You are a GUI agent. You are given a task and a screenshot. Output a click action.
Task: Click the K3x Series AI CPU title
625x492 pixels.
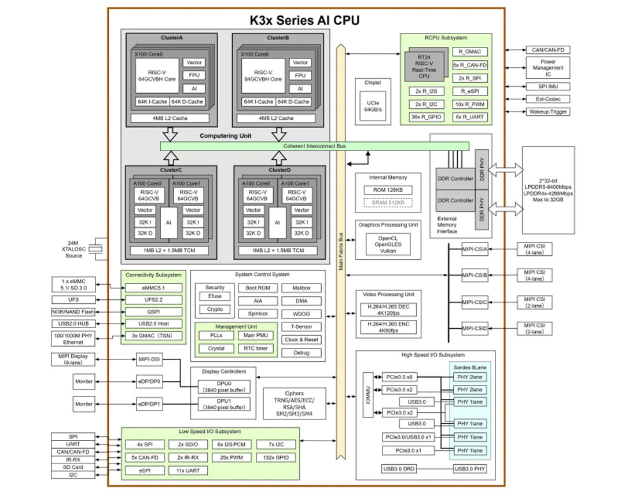pos(304,21)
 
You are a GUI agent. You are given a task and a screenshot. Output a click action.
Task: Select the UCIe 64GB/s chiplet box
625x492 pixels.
pos(373,106)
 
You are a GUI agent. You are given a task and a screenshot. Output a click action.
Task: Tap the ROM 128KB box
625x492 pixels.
pos(388,190)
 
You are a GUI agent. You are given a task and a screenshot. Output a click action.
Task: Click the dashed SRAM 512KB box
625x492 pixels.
pos(388,203)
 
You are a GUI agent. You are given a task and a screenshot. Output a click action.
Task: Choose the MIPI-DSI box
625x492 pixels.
pos(149,359)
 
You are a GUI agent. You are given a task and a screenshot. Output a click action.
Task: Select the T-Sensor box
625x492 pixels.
pos(301,326)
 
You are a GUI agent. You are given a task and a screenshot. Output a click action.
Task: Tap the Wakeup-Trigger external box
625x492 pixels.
pos(547,112)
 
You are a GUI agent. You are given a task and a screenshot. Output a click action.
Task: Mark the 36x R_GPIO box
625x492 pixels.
pos(426,117)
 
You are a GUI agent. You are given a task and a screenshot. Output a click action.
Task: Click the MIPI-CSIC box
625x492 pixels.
pos(475,302)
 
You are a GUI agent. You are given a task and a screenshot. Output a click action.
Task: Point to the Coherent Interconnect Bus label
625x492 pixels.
pos(314,146)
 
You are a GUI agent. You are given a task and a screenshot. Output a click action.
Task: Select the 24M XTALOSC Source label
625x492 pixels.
pos(73,249)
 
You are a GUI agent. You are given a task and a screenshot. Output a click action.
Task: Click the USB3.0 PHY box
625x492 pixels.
pos(470,468)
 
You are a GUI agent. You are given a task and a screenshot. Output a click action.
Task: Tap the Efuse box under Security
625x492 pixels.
pos(214,296)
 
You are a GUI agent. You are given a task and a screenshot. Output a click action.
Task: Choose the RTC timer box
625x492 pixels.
pos(256,348)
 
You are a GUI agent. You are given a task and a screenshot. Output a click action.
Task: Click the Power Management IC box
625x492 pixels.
pos(547,68)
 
